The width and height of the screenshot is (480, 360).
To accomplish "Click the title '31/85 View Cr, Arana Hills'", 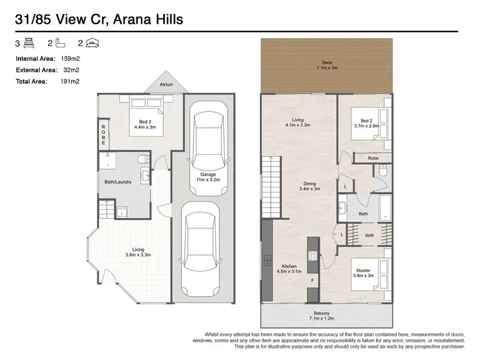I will [x=99, y=19].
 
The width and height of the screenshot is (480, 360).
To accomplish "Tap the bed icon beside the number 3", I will [x=29, y=43].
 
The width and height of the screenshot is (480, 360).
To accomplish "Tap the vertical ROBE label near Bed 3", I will [x=102, y=134].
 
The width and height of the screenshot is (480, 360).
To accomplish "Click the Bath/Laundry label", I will [x=118, y=182].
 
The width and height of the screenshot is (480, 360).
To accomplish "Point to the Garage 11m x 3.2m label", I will [x=207, y=177].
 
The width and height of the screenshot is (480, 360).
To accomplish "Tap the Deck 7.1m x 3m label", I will [x=326, y=65].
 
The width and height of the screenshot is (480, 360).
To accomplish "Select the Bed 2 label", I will [x=365, y=123].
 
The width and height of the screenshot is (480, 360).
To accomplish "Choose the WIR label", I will [x=370, y=235].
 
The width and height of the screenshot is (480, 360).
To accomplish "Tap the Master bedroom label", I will [x=364, y=272].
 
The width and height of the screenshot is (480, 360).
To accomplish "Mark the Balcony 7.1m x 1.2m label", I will [x=326, y=315].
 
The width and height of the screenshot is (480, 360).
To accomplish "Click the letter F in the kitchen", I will [x=312, y=281].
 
